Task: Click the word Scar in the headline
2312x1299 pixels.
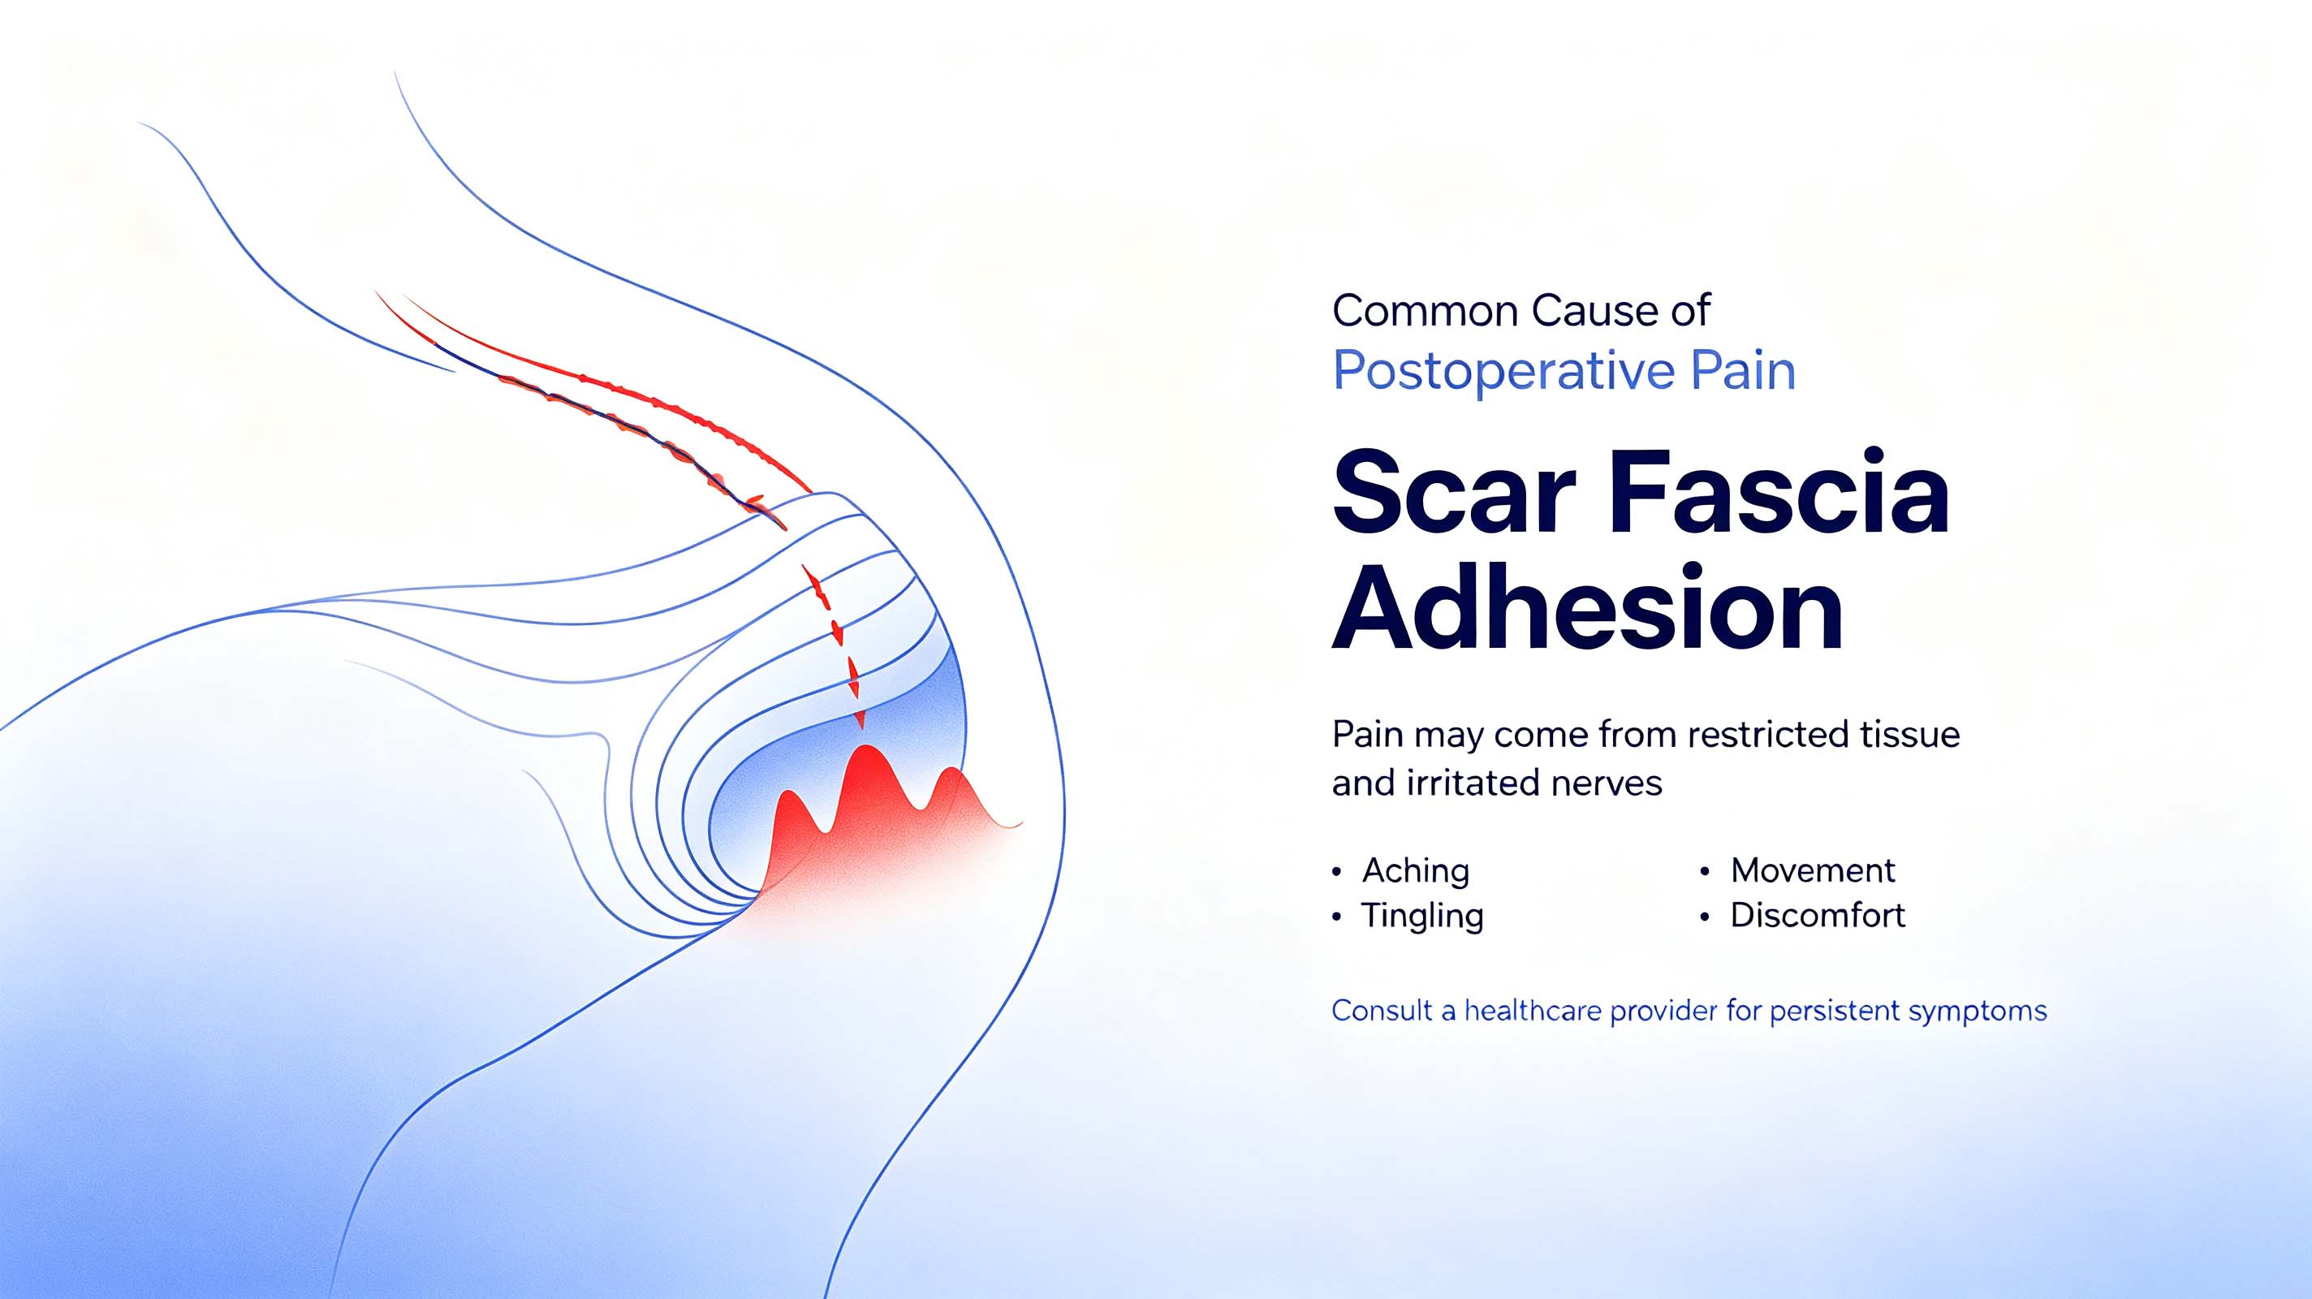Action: click(x=1454, y=493)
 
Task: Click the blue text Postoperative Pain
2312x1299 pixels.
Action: click(x=1564, y=371)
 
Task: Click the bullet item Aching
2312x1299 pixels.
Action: click(x=1416, y=871)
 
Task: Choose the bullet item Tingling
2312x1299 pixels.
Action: click(x=1422, y=916)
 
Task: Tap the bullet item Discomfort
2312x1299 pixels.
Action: click(x=1818, y=915)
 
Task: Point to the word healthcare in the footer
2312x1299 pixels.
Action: click(x=1532, y=1011)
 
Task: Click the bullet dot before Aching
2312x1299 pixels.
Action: click(x=1337, y=872)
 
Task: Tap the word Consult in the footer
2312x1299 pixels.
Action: click(x=1382, y=1011)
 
